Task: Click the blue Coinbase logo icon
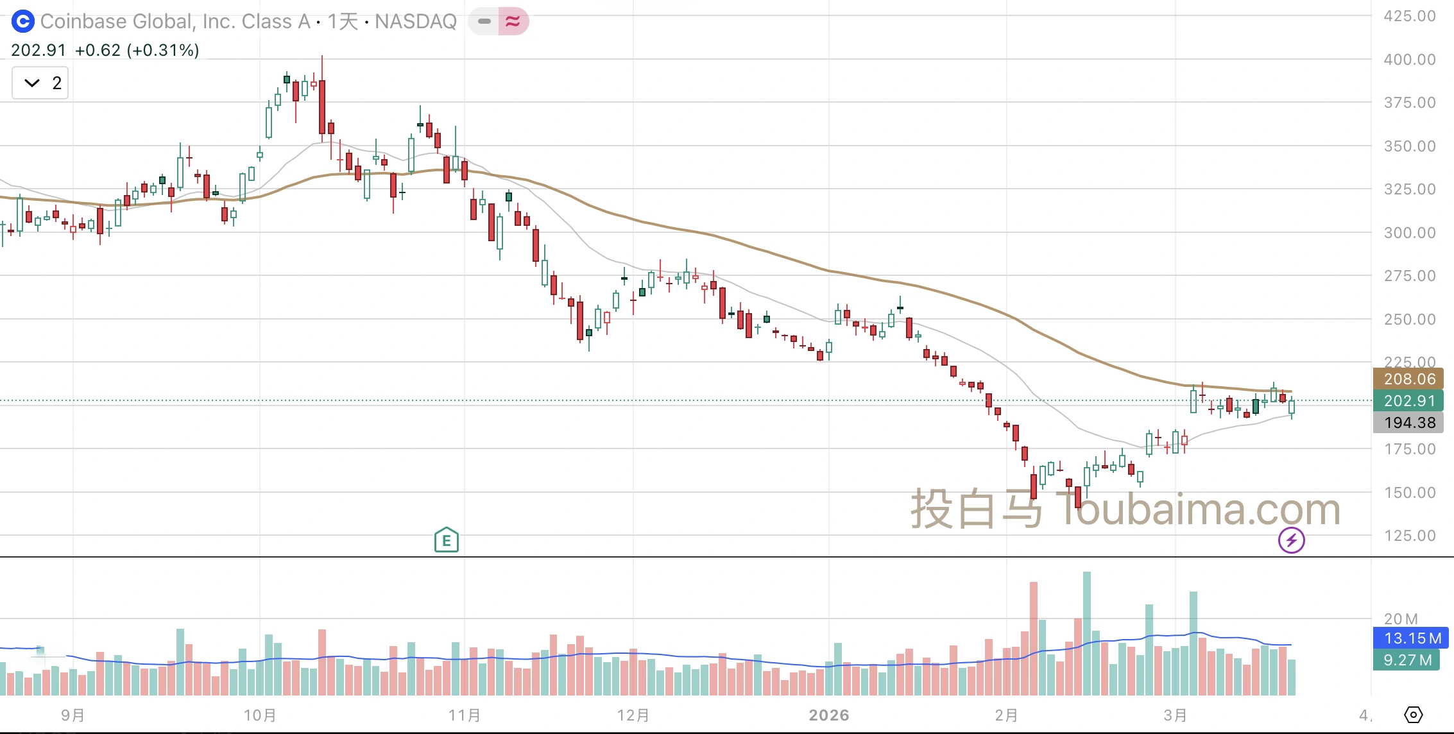[22, 22]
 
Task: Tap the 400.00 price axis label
[1410, 60]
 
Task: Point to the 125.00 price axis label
[1410, 536]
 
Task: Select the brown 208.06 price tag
[1408, 379]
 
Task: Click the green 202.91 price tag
[1408, 401]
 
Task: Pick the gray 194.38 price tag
[1408, 423]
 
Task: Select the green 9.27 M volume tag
[1407, 660]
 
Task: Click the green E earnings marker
[447, 541]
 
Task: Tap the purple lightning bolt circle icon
[1291, 540]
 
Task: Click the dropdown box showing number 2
[40, 83]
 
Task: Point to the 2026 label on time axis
[829, 715]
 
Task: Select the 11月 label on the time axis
[465, 715]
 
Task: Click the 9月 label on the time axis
[73, 715]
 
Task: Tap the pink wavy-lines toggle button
[513, 22]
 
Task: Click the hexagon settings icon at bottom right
[1414, 715]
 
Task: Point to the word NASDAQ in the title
[416, 22]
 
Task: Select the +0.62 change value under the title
[98, 50]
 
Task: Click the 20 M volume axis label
[1401, 619]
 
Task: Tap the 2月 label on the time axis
[1006, 715]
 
